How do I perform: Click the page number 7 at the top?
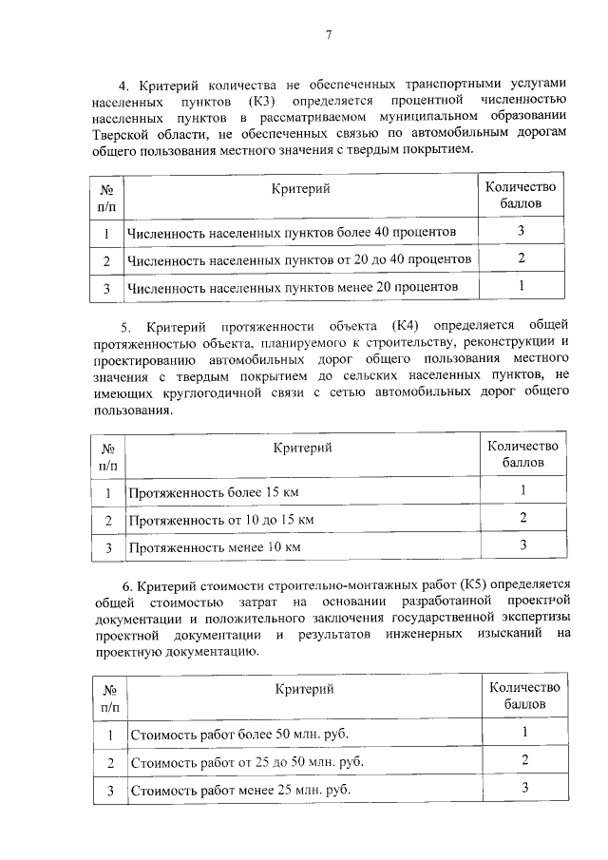pos(329,35)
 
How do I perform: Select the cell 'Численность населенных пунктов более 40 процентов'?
pos(292,233)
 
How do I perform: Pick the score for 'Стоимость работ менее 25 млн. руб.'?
pos(523,788)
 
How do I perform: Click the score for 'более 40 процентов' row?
pos(521,231)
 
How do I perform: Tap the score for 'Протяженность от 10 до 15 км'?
pos(522,518)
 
